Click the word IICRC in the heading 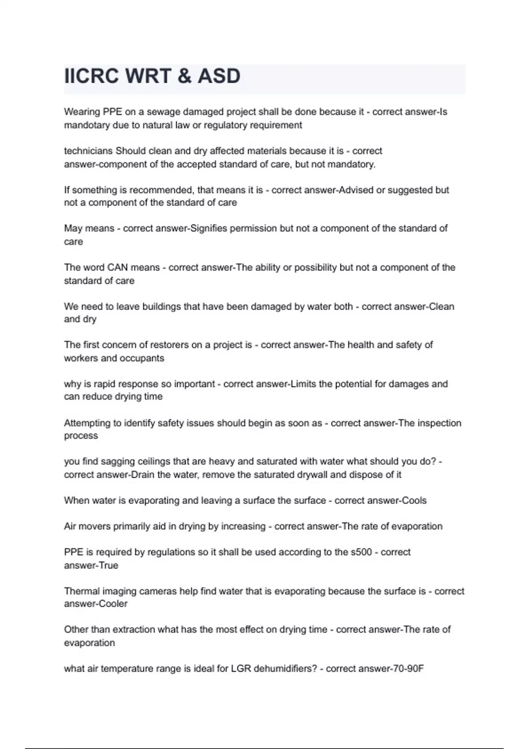pyautogui.click(x=91, y=76)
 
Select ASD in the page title pyautogui.click(x=219, y=76)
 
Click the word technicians pyautogui.click(x=88, y=151)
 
